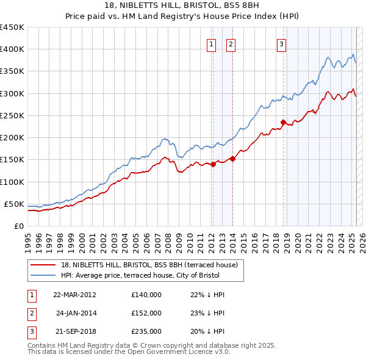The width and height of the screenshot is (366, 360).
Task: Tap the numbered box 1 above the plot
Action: click(x=211, y=44)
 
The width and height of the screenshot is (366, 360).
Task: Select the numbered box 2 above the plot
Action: click(x=231, y=44)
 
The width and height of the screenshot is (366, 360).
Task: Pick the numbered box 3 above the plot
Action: click(x=281, y=44)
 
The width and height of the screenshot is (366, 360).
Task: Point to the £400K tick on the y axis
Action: click(x=12, y=49)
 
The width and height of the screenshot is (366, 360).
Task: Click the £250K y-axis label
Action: click(x=12, y=115)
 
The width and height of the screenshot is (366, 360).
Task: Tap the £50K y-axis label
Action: click(x=15, y=204)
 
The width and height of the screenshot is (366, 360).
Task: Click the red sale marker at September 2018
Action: click(x=283, y=122)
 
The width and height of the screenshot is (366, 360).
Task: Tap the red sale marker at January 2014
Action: click(x=233, y=159)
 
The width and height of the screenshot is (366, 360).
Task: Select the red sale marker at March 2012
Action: click(x=213, y=164)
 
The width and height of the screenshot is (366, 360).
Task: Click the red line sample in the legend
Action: click(x=44, y=265)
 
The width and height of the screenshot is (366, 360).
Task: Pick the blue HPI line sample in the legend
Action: click(x=44, y=275)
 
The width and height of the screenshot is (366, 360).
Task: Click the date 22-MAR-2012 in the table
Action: click(x=74, y=295)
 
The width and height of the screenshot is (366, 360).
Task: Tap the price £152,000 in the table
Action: click(x=146, y=313)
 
